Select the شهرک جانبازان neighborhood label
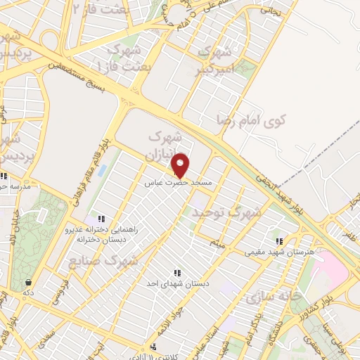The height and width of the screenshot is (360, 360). click(166, 144)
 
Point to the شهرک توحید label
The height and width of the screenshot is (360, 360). click(228, 212)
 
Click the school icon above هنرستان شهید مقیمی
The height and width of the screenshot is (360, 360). click(279, 241)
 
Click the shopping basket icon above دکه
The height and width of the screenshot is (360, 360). click(28, 282)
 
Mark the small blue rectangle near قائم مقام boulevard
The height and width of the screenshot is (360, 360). click(103, 171)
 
